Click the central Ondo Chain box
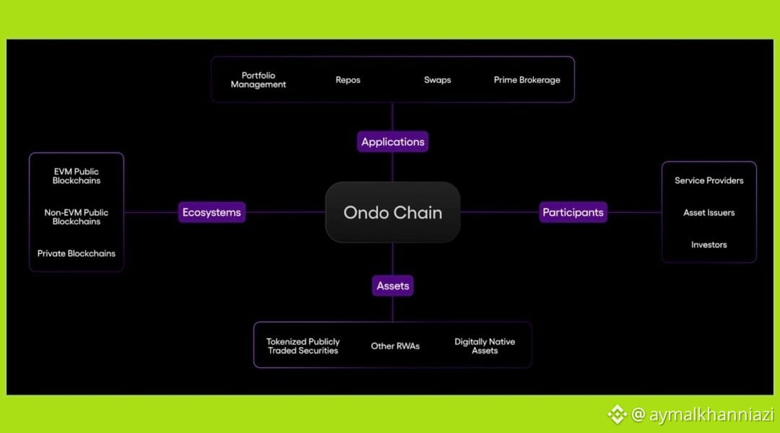(x=392, y=212)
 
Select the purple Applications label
(x=392, y=141)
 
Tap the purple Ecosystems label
(x=212, y=212)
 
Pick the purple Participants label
(x=573, y=212)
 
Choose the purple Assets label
(x=392, y=286)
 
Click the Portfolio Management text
(x=258, y=80)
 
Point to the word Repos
(x=347, y=80)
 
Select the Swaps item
(x=437, y=80)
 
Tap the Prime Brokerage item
(x=526, y=80)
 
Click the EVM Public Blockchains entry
(x=76, y=176)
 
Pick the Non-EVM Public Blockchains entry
(x=76, y=216)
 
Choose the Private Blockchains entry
(x=76, y=253)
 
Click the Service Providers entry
(x=709, y=180)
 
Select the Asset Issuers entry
(x=709, y=213)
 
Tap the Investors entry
(x=709, y=245)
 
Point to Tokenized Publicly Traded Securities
(x=303, y=346)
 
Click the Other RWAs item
(x=395, y=346)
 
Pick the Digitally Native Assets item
(x=485, y=346)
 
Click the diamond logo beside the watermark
(x=617, y=415)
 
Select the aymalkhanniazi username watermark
(x=703, y=415)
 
